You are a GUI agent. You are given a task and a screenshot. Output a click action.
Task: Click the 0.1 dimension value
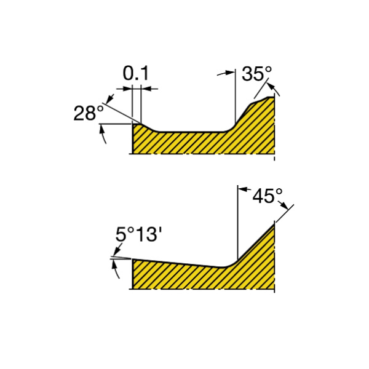[x=136, y=73]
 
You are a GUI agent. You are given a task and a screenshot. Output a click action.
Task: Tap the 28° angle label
[x=89, y=113]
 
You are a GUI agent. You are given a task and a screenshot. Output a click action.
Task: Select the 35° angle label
[x=256, y=74]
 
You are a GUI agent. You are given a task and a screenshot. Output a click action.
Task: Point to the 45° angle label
[x=268, y=196]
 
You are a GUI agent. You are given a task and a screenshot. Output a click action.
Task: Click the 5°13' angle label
[x=138, y=235]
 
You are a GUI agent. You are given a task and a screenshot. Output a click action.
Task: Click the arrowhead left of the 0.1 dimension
[x=128, y=89]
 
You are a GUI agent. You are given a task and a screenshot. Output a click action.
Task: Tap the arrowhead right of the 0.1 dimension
[x=146, y=89]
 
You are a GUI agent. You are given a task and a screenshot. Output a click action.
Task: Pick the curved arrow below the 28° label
[x=103, y=133]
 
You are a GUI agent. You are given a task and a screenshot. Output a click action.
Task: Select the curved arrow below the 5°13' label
[x=116, y=270]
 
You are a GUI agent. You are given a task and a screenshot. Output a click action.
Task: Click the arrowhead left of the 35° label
[x=230, y=73]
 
